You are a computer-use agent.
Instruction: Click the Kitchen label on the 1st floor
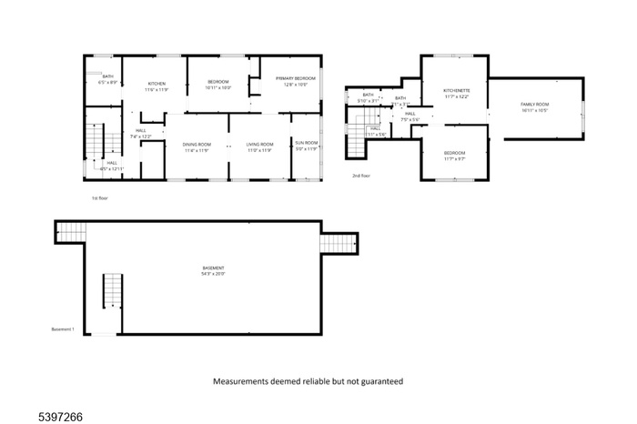tap(157, 84)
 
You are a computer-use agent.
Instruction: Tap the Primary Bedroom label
tap(296, 79)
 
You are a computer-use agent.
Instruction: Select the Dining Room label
tap(197, 145)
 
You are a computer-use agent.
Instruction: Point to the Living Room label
tap(259, 145)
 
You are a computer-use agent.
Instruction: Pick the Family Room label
tap(535, 105)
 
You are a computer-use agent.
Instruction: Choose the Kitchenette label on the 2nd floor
tap(456, 91)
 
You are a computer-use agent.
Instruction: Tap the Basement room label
tap(214, 268)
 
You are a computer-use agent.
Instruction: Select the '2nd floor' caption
tap(361, 176)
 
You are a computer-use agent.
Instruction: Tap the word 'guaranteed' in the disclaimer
tap(373, 382)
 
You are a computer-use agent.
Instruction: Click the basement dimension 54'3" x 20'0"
tap(214, 273)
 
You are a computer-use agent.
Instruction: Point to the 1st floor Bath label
tap(107, 76)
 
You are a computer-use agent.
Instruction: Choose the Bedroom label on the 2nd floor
tap(455, 152)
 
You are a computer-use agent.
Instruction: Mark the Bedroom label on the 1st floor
tap(219, 83)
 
